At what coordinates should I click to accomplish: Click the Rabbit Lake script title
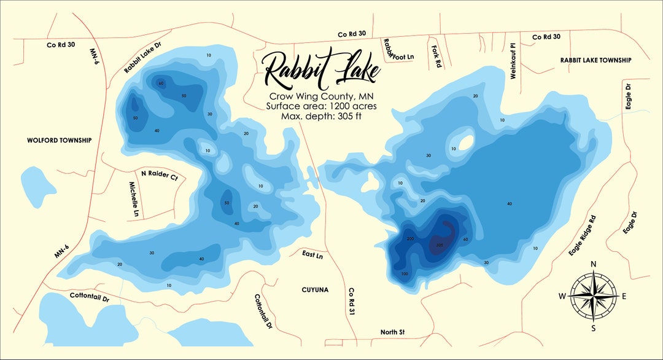[320, 69]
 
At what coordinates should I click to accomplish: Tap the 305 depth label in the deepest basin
[439, 245]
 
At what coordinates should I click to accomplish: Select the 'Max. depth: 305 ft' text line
[322, 115]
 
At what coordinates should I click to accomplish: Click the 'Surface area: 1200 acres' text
[322, 106]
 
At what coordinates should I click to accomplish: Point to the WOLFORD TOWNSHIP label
[59, 140]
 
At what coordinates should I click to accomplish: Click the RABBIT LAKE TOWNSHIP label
[595, 60]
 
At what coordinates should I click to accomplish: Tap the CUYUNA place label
[316, 289]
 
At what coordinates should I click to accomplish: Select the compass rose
[593, 295]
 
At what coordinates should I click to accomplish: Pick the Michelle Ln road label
[133, 199]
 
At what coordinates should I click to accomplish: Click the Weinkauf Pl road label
[513, 60]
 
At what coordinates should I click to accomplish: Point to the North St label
[392, 332]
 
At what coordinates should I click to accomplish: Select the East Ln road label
[312, 255]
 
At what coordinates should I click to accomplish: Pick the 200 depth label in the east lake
[410, 238]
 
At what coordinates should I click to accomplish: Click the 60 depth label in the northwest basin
[161, 84]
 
